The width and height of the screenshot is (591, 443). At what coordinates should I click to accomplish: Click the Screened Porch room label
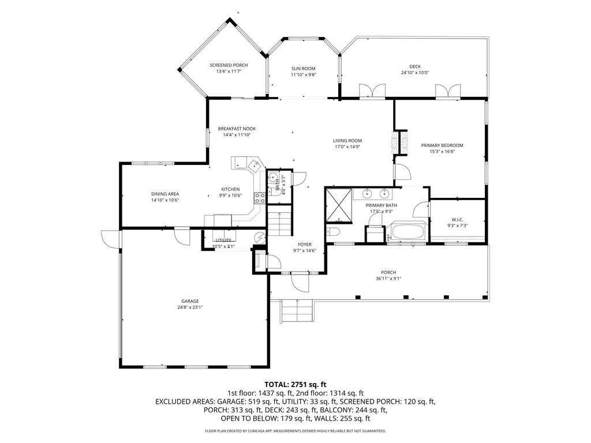229,65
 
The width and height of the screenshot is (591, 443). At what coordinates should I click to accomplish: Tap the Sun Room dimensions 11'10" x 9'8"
303,75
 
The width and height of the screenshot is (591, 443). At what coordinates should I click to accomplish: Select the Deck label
414,66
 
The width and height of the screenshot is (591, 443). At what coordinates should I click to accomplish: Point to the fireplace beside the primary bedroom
395,142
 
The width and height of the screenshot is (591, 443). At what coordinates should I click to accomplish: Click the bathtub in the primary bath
408,232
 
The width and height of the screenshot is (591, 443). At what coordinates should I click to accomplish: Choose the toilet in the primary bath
334,233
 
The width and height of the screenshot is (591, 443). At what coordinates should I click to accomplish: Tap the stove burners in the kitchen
260,198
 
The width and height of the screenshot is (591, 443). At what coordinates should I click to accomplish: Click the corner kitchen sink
253,166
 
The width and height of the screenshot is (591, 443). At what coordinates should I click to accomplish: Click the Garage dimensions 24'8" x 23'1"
190,307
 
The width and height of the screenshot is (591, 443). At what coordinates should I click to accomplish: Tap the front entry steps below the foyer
297,312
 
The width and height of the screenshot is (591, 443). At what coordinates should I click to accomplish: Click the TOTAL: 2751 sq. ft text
295,384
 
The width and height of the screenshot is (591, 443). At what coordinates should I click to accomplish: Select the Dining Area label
165,194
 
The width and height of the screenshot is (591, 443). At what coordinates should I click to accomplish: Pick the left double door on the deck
372,91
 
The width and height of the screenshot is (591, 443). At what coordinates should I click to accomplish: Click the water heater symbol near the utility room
259,237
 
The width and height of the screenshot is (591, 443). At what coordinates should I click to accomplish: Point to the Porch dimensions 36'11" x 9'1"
388,279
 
